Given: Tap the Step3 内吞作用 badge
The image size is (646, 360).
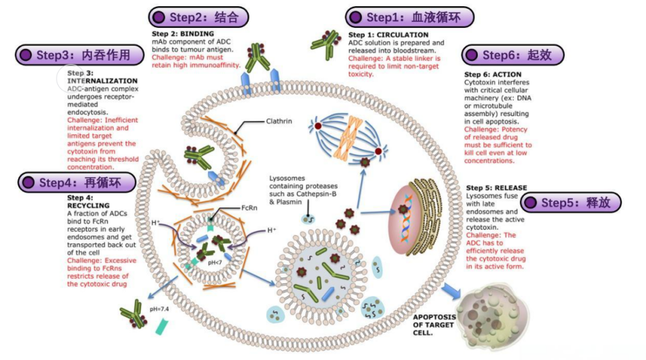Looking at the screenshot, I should pos(74,55).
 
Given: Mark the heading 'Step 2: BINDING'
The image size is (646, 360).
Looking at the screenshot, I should pos(183,33).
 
